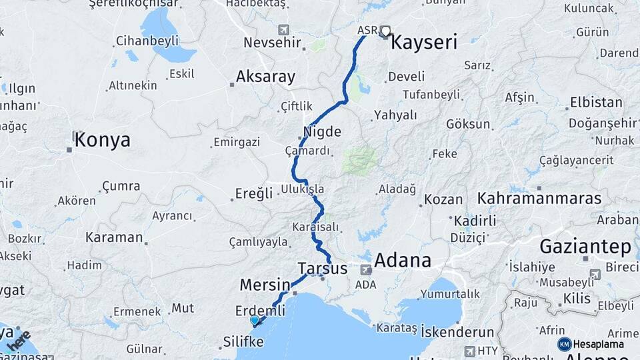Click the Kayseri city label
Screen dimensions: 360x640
[x=424, y=43]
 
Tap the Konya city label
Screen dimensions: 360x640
[x=102, y=140]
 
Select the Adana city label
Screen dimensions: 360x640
[x=402, y=260]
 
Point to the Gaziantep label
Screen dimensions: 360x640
[x=585, y=247]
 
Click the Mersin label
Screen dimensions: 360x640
[x=265, y=285]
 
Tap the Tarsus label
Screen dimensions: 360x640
[x=323, y=268]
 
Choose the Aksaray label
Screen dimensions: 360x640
[x=265, y=77]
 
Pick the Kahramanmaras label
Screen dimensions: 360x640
[x=539, y=199]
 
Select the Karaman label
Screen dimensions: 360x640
[x=114, y=237]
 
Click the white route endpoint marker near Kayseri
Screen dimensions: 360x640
[x=385, y=30]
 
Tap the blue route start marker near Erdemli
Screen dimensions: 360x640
[x=254, y=321]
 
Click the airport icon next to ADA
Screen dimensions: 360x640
[x=366, y=270]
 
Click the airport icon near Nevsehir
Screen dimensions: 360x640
[x=285, y=30]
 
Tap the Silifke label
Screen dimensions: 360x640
[x=243, y=342]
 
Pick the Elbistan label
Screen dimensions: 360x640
[x=596, y=103]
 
